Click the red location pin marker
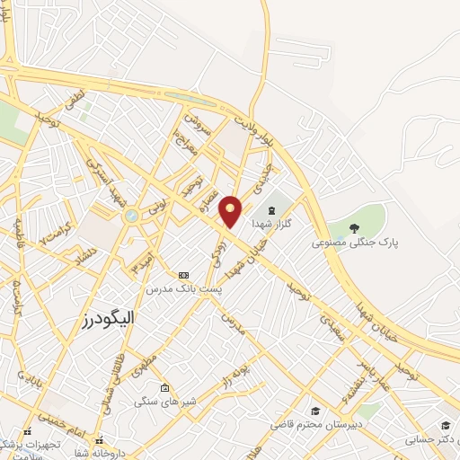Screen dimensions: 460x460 [231, 210]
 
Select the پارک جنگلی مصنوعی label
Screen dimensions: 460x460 [355, 242]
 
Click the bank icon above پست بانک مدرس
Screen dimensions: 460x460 [184, 275]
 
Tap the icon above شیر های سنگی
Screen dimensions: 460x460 [164, 388]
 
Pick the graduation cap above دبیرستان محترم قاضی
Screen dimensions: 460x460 [314, 409]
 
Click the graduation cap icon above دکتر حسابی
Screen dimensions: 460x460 [446, 425]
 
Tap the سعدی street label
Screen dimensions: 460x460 [332, 324]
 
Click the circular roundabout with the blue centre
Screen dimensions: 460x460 [131, 215]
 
